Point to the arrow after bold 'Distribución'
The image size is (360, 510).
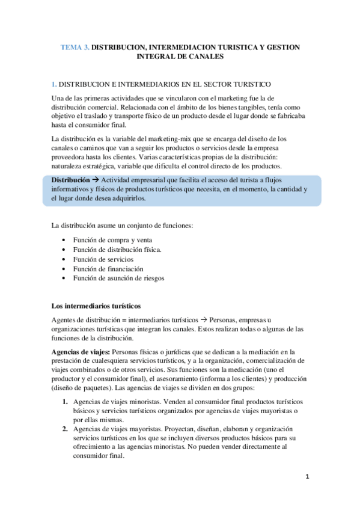tap(96, 179)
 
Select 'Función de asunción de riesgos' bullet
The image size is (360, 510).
tap(118, 278)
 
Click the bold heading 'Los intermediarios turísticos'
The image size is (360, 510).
tap(96, 306)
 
